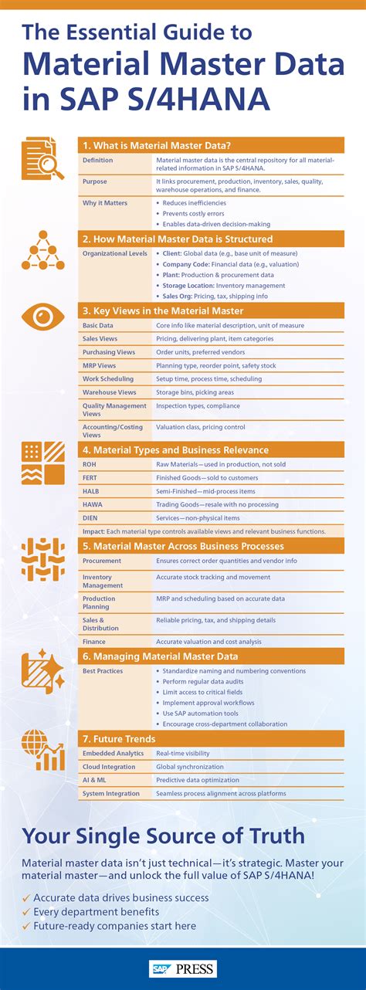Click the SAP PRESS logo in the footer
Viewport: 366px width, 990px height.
pyautogui.click(x=182, y=968)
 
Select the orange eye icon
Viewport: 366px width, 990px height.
pyautogui.click(x=42, y=316)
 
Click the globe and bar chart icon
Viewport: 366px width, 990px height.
pyautogui.click(x=42, y=750)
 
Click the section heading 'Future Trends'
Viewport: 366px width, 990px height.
pyautogui.click(x=130, y=739)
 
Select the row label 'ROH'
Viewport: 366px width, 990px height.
pyautogui.click(x=90, y=465)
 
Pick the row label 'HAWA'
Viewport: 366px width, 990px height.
pyautogui.click(x=93, y=504)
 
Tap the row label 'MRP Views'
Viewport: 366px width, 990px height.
pyautogui.click(x=99, y=365)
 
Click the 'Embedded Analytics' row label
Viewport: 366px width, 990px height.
pyautogui.click(x=113, y=753)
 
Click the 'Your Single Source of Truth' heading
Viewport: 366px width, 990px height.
pyautogui.click(x=163, y=836)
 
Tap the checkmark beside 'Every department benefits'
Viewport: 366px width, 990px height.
pyautogui.click(x=27, y=912)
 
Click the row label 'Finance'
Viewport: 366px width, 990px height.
pyautogui.click(x=94, y=641)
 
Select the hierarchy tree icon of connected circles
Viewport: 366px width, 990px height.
pyautogui.click(x=42, y=250)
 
